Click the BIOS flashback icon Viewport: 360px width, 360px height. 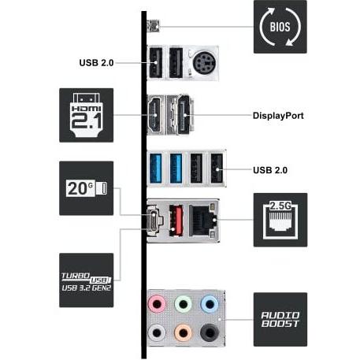tap(280, 27)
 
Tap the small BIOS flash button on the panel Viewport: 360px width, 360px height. tap(154, 26)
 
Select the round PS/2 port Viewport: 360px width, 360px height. tap(204, 63)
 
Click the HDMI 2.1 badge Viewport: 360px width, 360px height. tap(87, 115)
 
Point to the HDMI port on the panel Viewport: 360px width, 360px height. tap(155, 115)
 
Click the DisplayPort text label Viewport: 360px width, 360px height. tap(278, 116)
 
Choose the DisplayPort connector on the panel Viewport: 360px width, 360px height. tap(184, 115)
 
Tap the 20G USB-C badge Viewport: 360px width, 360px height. tap(87, 188)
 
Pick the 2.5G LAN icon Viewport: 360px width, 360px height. tap(280, 220)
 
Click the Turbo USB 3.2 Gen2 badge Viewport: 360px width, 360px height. tap(87, 280)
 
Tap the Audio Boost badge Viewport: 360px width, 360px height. tap(280, 320)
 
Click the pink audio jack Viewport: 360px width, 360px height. tap(157, 304)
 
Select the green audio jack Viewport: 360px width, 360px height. tap(184, 304)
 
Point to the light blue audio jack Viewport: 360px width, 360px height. tap(210, 304)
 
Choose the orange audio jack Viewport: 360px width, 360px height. tap(184, 333)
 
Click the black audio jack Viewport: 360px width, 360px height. tap(210, 333)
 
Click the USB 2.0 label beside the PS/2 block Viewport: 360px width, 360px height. tap(96, 63)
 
